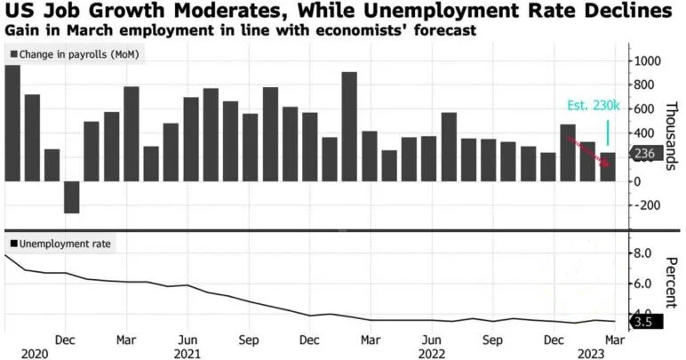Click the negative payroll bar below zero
[71, 197]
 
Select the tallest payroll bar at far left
[12, 123]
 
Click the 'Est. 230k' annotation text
[594, 105]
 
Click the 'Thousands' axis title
[672, 133]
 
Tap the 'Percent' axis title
[672, 281]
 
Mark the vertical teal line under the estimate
[608, 131]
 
